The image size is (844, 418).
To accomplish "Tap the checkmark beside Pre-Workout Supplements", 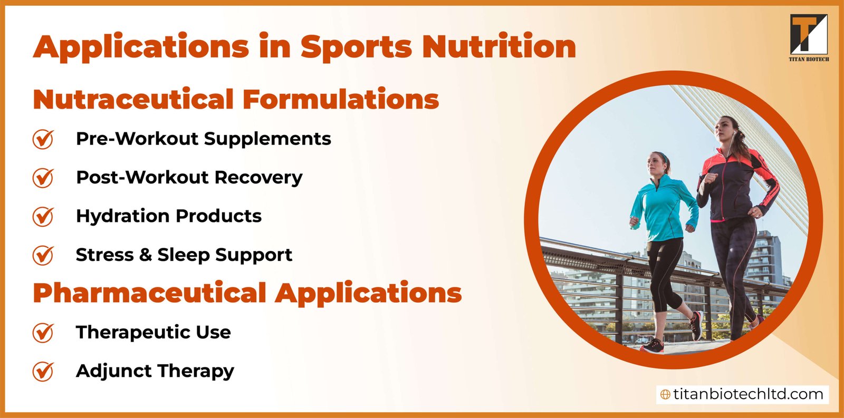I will (43, 139).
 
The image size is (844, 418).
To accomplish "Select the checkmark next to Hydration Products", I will (43, 216).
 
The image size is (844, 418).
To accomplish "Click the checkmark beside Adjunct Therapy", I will (43, 371).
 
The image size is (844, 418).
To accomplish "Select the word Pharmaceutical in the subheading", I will (149, 293).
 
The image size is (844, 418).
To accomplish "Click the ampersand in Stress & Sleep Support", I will (146, 255).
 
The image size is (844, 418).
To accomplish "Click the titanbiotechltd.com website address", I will (748, 394).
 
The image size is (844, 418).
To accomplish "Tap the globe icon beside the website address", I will (665, 395).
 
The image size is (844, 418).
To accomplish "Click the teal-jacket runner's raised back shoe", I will (696, 325).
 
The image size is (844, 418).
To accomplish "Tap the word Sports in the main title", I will (356, 46).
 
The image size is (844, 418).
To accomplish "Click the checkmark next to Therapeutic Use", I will (43, 333).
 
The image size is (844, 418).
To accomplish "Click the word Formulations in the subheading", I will (340, 99).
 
